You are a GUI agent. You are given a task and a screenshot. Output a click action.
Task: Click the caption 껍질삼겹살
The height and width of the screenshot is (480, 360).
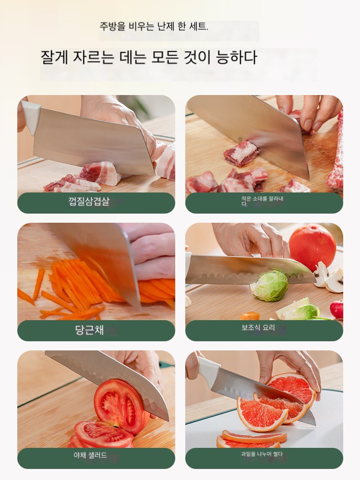(89, 202)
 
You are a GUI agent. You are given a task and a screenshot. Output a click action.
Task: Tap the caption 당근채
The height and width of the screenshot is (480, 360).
(89, 330)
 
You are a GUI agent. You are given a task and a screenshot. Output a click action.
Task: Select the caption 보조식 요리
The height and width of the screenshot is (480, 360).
(258, 327)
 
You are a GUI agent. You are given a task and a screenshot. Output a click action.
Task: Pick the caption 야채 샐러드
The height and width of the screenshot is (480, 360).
(90, 455)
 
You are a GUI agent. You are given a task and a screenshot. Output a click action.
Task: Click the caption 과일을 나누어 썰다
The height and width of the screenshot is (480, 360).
(262, 454)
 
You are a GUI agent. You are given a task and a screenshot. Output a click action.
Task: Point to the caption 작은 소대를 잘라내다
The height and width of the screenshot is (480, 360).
(262, 201)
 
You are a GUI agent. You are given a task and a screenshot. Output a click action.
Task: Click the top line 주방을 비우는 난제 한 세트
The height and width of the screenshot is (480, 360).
(154, 26)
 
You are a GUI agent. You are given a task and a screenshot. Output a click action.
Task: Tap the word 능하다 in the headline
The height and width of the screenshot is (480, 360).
(236, 57)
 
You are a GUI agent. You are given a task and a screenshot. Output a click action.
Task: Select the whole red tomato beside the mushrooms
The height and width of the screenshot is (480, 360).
(312, 247)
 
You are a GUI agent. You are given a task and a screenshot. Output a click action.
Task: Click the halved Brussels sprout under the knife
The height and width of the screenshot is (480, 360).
(269, 285)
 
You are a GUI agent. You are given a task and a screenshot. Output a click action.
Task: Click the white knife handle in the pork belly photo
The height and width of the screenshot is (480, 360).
(31, 116)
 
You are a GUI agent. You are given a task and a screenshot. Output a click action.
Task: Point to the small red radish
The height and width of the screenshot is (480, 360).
(337, 309)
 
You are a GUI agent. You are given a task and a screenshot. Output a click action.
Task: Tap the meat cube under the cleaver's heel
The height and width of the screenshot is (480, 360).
(241, 153)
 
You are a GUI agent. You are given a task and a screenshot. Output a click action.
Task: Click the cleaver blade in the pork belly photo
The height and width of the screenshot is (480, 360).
(92, 143)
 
